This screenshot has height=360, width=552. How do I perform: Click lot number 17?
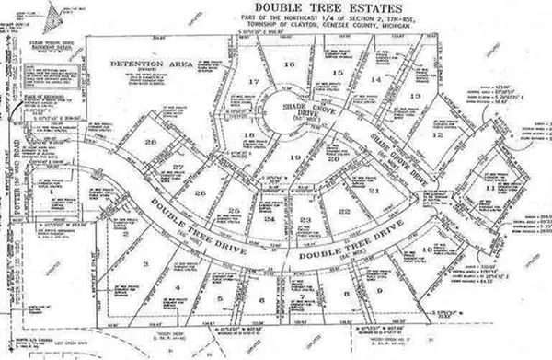(253, 83)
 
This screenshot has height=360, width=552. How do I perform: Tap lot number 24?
(269, 220)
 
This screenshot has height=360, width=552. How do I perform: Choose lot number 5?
(219, 300)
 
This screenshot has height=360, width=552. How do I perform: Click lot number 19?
(295, 157)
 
